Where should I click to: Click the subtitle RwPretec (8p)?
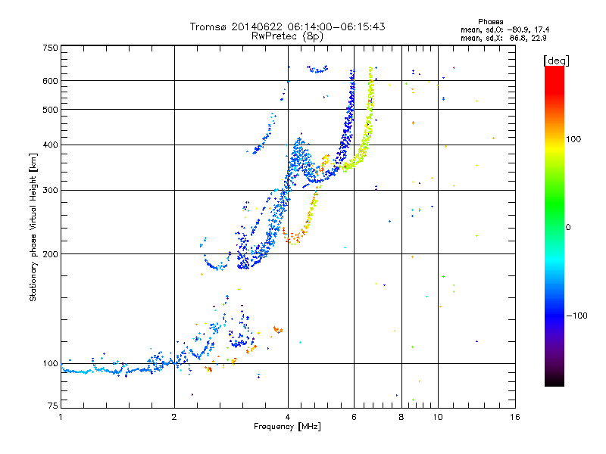tap(288, 36)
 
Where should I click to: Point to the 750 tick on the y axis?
tap(50, 48)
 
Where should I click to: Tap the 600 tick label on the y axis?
tap(50, 81)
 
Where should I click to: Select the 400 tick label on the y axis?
tap(50, 145)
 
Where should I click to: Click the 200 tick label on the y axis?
tap(50, 254)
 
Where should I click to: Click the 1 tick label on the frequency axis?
tap(61, 417)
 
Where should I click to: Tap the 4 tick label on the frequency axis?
tap(288, 417)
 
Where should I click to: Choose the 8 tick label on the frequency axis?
tap(401, 417)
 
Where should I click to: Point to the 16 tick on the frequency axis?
tap(514, 417)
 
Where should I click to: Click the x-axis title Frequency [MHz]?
tap(288, 427)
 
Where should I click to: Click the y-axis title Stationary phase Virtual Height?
tap(33, 227)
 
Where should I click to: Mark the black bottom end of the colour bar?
tap(554, 383)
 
